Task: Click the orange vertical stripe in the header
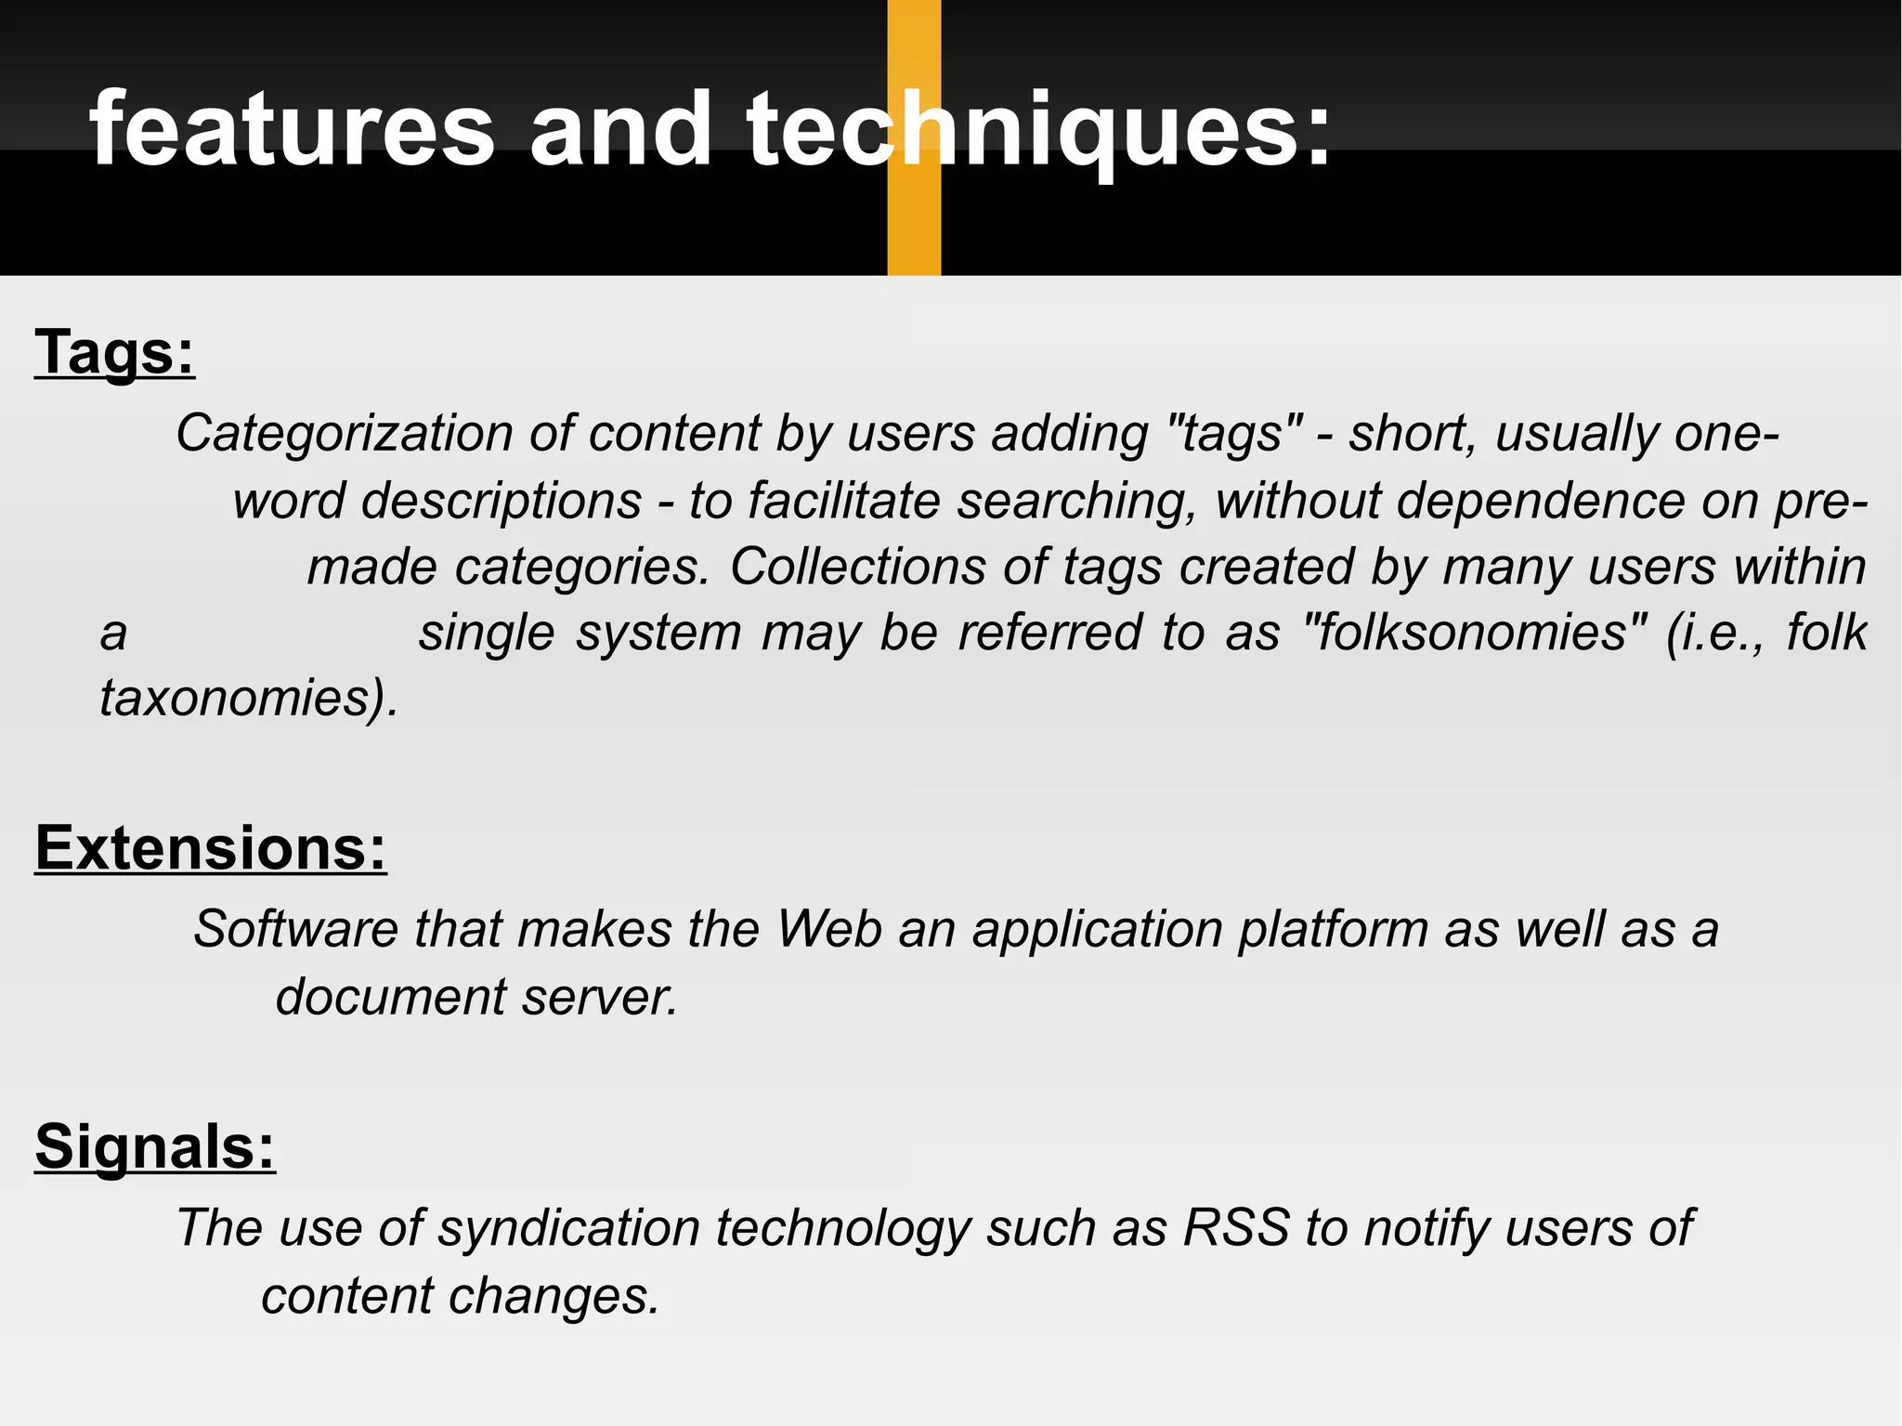pos(914,223)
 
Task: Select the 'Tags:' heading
pos(115,353)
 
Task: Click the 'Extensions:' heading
pos(211,848)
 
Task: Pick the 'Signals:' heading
pos(155,1146)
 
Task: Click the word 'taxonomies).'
pos(249,699)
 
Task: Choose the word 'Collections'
pos(857,567)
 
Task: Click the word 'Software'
pos(294,929)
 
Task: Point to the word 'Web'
pos(829,929)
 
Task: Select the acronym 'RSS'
pos(1236,1228)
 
